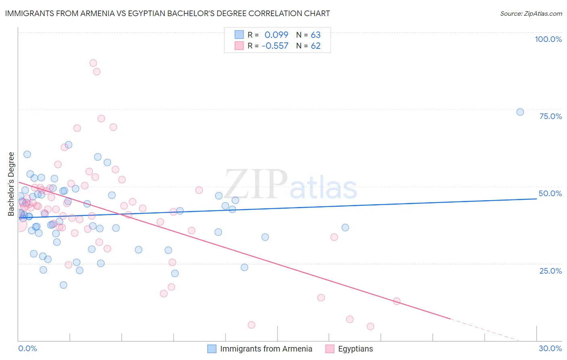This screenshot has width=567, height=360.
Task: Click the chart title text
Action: [167, 13]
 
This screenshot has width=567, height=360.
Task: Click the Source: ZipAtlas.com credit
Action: [531, 14]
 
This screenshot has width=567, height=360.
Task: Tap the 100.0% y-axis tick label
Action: [548, 39]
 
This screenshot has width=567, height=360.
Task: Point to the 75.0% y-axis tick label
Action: [550, 116]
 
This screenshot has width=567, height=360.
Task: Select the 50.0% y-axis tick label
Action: [550, 193]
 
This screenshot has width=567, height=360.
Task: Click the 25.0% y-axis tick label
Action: [550, 270]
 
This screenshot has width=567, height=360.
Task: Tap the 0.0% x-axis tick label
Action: [27, 348]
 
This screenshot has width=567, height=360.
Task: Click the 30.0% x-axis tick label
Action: [550, 348]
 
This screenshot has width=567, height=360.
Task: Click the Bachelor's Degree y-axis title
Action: [11, 184]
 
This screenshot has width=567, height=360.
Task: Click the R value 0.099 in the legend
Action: [276, 35]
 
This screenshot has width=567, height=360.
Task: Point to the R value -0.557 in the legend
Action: [275, 46]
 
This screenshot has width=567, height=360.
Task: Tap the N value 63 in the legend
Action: [315, 35]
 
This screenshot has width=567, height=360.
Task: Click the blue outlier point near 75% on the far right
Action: [520, 112]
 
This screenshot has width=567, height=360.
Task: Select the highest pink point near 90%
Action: [93, 63]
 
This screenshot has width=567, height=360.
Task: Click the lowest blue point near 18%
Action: [63, 285]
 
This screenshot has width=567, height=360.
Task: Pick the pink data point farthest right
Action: [396, 301]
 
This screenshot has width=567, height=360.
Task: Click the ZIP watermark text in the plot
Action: [256, 184]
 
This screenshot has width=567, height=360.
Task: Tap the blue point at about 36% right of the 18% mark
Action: [345, 228]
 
